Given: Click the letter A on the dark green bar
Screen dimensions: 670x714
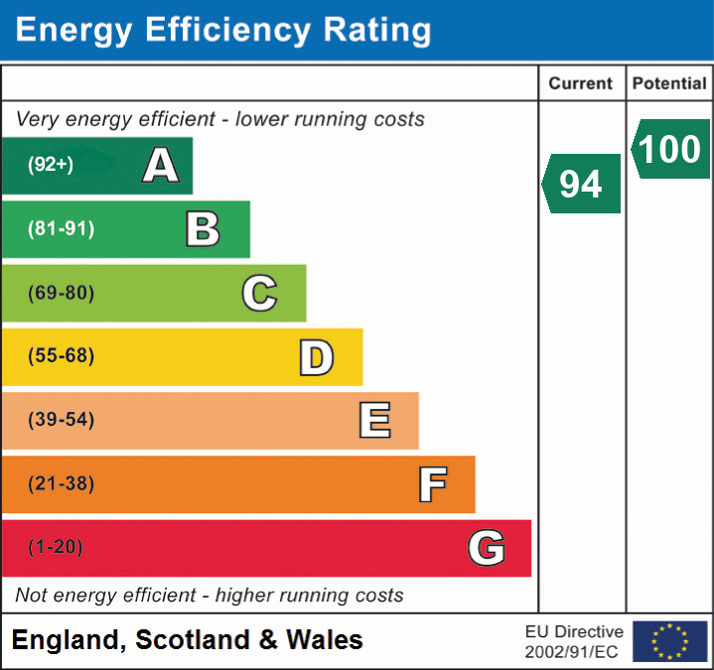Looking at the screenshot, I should coord(161,166).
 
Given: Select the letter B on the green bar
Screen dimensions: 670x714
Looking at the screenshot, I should coord(203,229).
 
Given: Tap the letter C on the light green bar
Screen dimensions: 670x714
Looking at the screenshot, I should coord(259,293).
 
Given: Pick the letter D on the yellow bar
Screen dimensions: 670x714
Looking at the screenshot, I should coord(316,357).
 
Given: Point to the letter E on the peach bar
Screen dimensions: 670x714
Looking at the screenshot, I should coord(373,421).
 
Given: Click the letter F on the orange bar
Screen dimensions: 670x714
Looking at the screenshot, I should coord(432,484).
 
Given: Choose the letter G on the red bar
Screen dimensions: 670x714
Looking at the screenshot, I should coord(487,548).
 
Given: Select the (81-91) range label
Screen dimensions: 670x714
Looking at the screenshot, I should coord(61,229).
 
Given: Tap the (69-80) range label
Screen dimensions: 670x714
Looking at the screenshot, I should coord(61,293).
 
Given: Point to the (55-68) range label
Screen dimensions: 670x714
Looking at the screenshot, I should coord(61,356).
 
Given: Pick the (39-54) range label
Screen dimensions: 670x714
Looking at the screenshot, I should coord(61,420).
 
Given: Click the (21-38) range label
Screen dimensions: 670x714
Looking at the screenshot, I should coord(61,484).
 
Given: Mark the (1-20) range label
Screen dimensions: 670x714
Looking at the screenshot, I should coord(56,548).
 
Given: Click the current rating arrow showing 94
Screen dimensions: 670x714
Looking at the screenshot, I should coord(582,184).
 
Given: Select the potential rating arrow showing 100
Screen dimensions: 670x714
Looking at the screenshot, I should coord(670,149).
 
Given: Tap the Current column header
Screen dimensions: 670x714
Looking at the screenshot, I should coord(581,84).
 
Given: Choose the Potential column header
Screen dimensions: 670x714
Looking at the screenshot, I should coord(669,84).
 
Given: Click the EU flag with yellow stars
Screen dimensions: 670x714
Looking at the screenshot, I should coord(669,641).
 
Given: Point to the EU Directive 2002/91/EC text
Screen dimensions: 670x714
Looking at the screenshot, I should coord(574,641).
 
